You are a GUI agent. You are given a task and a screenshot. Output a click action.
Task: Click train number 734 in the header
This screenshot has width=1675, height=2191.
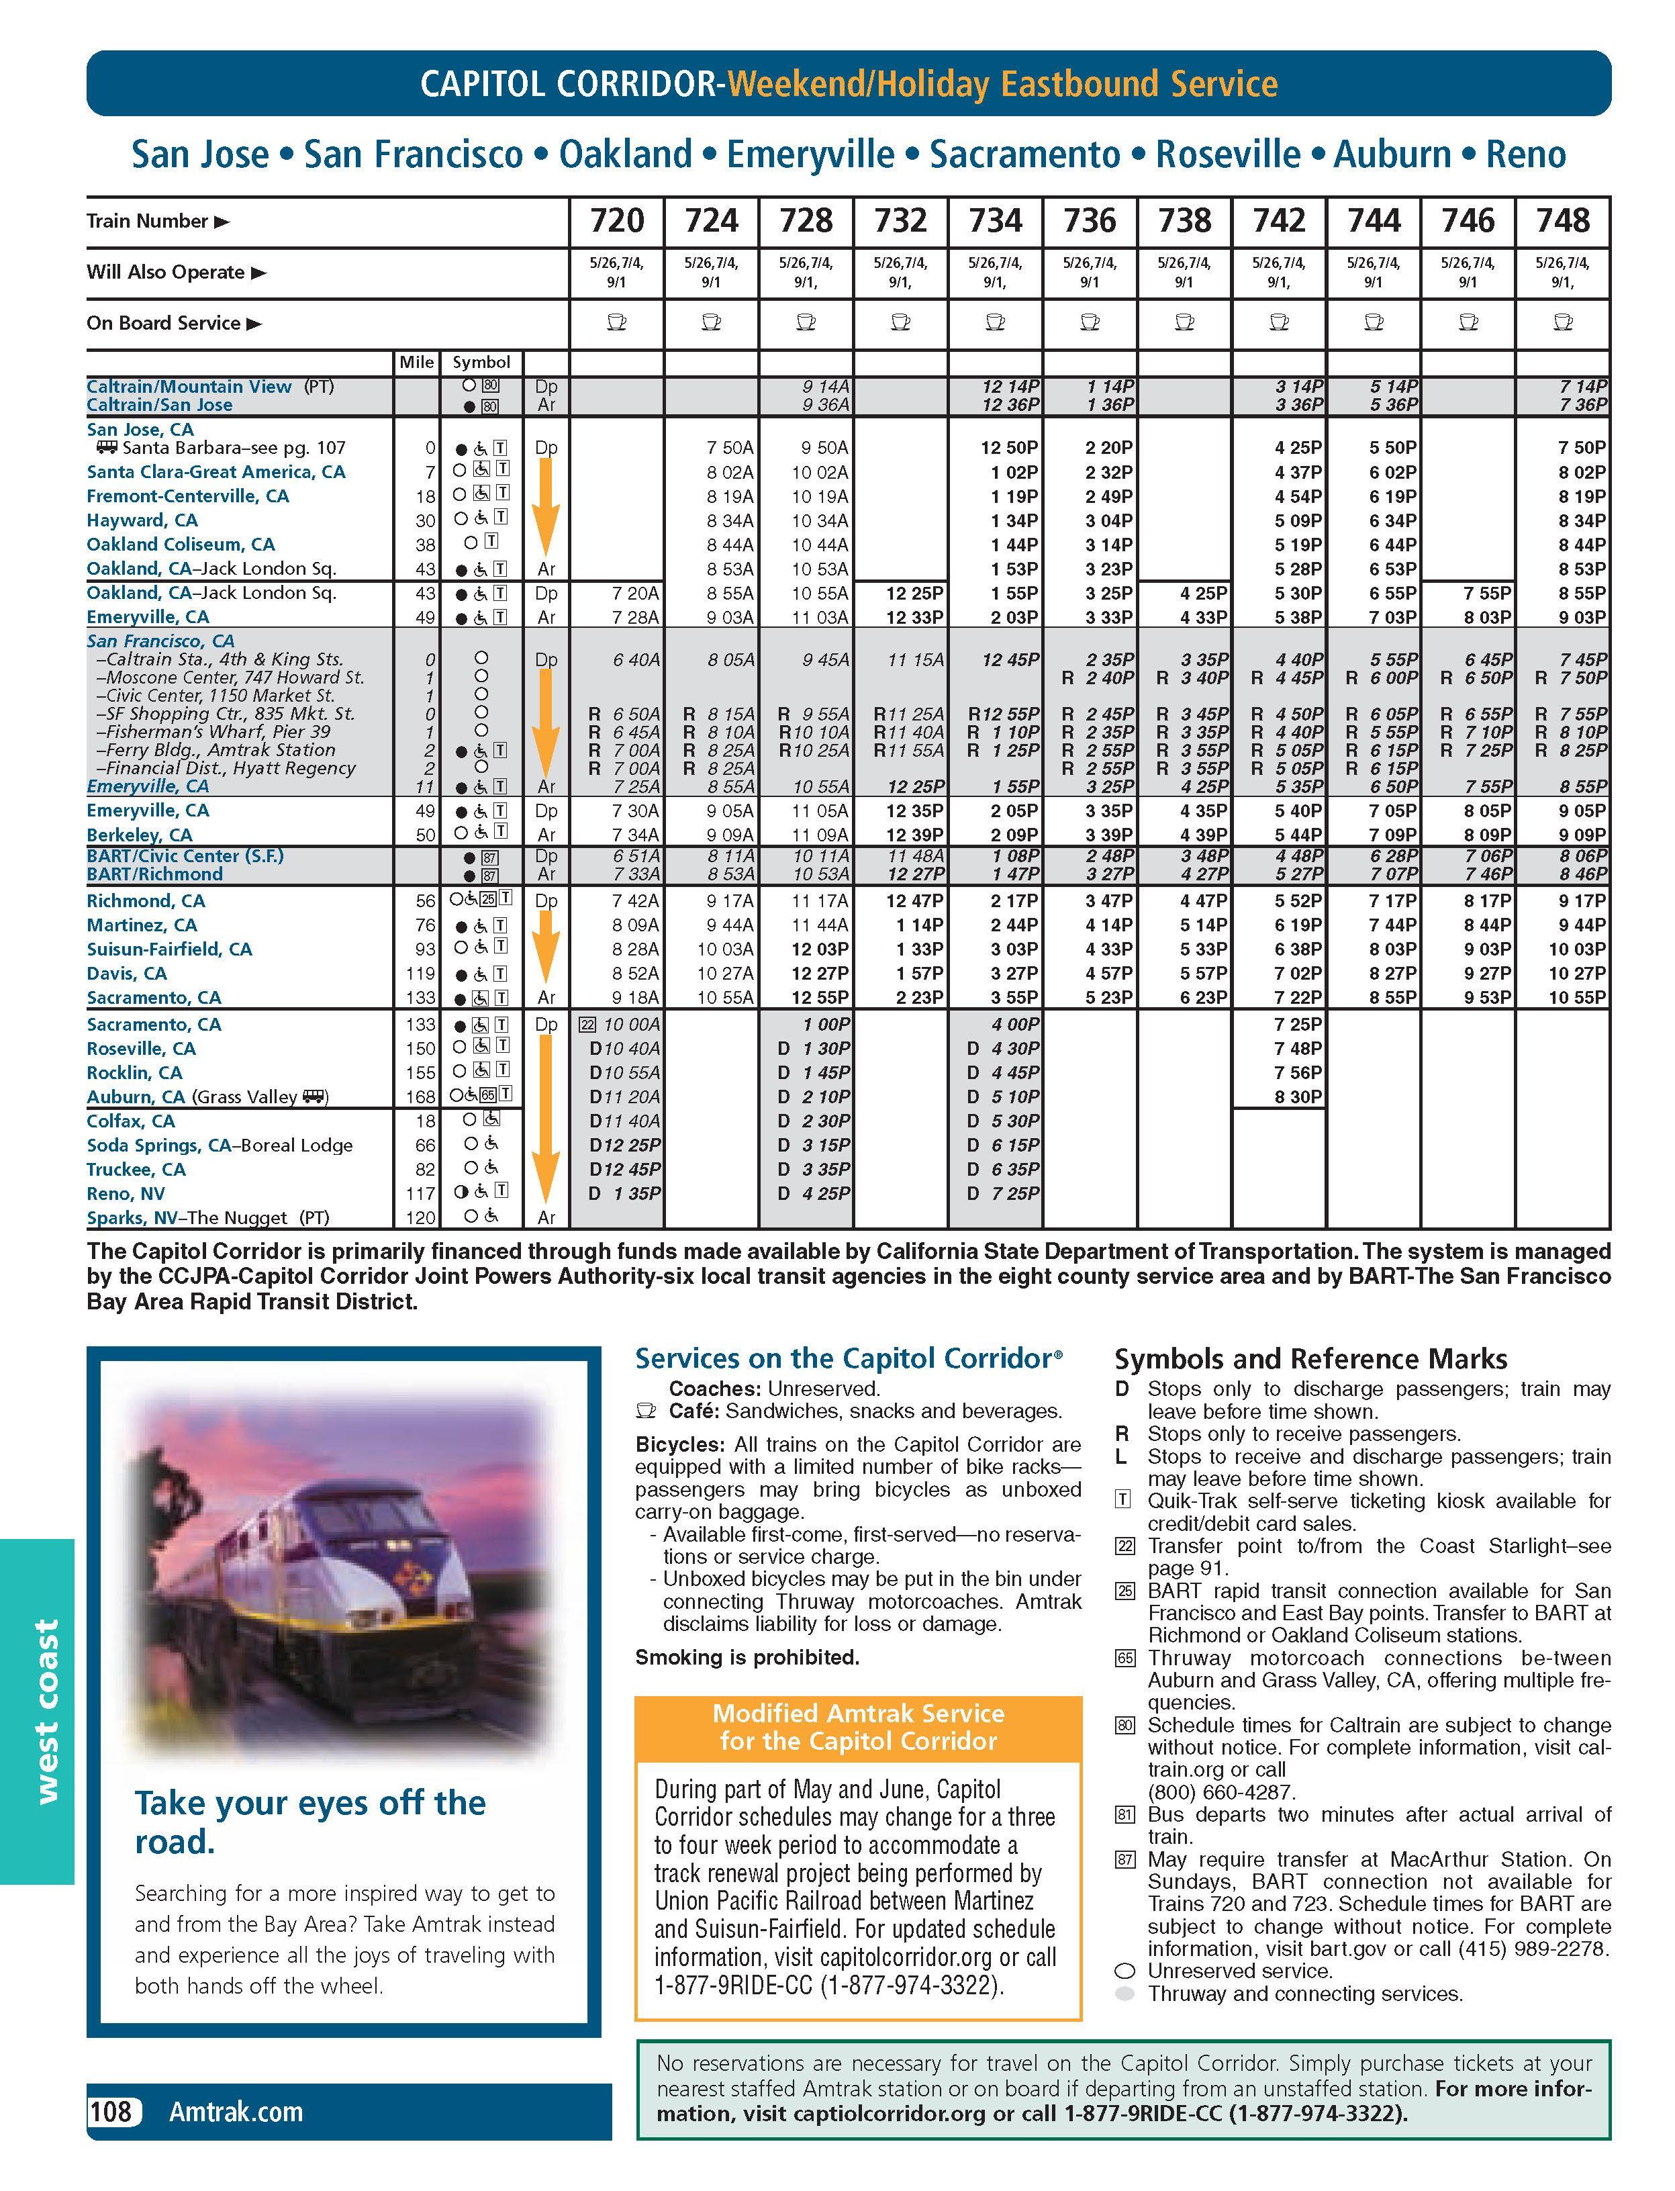click(x=995, y=220)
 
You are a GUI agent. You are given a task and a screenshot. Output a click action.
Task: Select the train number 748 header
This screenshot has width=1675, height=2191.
click(x=1562, y=220)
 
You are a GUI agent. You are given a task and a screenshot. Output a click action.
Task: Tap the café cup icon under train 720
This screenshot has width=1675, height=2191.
click(x=616, y=322)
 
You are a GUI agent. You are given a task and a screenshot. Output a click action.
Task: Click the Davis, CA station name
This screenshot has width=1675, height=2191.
click(x=127, y=974)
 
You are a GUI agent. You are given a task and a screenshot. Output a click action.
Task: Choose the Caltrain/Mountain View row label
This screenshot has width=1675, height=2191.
click(x=189, y=386)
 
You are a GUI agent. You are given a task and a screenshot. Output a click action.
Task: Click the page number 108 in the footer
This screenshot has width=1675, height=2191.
click(x=111, y=2111)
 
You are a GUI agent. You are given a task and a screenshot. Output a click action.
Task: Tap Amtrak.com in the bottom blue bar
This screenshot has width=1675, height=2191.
click(x=235, y=2111)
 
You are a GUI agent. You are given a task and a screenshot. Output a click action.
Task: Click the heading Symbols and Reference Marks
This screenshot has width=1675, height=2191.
click(x=1310, y=1359)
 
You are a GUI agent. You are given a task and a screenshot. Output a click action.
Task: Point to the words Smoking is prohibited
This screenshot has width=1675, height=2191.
click(x=747, y=1657)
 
